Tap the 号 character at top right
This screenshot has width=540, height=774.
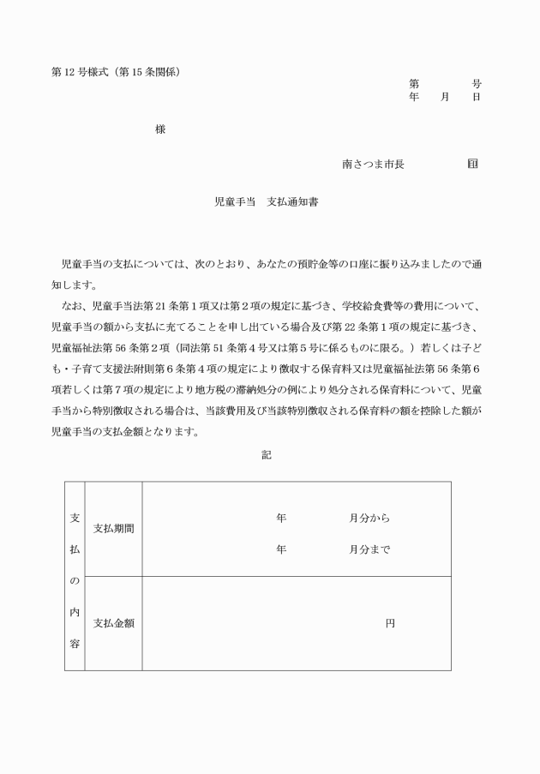pyautogui.click(x=476, y=84)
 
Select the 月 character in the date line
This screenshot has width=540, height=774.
pyautogui.click(x=445, y=97)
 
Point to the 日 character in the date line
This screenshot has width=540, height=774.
pyautogui.click(x=476, y=97)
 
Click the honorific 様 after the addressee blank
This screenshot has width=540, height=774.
pyautogui.click(x=160, y=129)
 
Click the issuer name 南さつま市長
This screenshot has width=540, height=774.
pyautogui.click(x=373, y=163)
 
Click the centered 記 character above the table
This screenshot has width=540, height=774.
pyautogui.click(x=267, y=455)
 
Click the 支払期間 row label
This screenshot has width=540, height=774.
pyautogui.click(x=113, y=528)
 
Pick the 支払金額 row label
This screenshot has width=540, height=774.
pyautogui.click(x=113, y=623)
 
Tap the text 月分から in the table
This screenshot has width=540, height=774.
pyautogui.click(x=369, y=519)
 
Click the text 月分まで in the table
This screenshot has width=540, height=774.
pyautogui.click(x=369, y=550)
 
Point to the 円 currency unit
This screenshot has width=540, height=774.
pyautogui.click(x=390, y=624)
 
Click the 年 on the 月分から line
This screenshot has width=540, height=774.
pyautogui.click(x=281, y=519)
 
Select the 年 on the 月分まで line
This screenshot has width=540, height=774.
pyautogui.click(x=281, y=550)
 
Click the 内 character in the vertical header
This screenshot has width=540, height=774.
pyautogui.click(x=75, y=612)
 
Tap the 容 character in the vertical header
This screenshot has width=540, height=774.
pyautogui.click(x=75, y=643)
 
